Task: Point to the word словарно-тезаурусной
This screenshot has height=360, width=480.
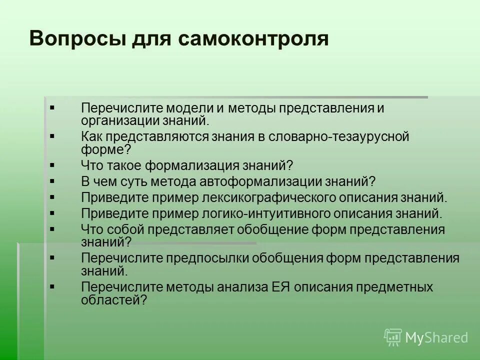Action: pyautogui.click(x=339, y=136)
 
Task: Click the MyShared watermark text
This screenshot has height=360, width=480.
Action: pyautogui.click(x=436, y=337)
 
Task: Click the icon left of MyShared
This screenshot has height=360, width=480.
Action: pyautogui.click(x=393, y=337)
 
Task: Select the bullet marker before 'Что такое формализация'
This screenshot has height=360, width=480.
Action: pyautogui.click(x=53, y=164)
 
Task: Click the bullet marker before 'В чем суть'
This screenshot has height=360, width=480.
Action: pyautogui.click(x=53, y=180)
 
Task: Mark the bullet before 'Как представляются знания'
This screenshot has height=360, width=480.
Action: pyautogui.click(x=53, y=135)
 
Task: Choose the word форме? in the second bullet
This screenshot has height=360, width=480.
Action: pyautogui.click(x=105, y=149)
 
